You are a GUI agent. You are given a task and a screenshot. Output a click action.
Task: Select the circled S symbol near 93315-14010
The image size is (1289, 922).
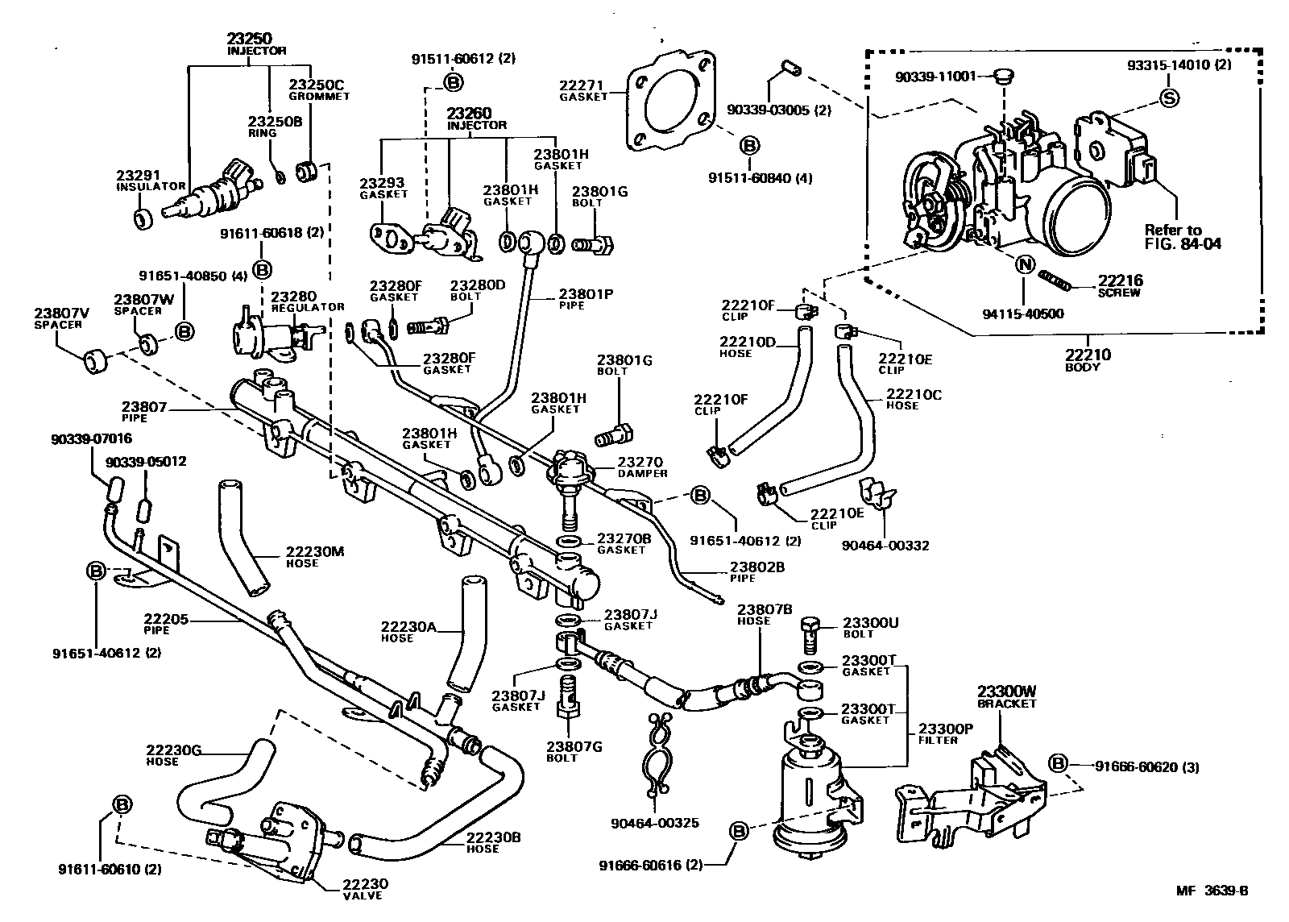(1169, 98)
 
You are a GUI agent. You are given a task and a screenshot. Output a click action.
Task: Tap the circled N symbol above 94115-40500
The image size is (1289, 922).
(1023, 264)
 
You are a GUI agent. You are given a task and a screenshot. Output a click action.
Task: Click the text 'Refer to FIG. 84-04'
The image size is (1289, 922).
(1182, 236)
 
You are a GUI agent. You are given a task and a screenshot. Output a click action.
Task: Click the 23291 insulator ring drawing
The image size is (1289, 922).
(143, 218)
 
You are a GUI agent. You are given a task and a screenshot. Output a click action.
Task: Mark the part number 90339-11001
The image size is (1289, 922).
(935, 77)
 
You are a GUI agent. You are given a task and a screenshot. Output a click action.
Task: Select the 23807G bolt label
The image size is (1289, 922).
(574, 751)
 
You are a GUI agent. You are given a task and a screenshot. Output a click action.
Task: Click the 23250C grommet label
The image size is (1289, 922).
(319, 89)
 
